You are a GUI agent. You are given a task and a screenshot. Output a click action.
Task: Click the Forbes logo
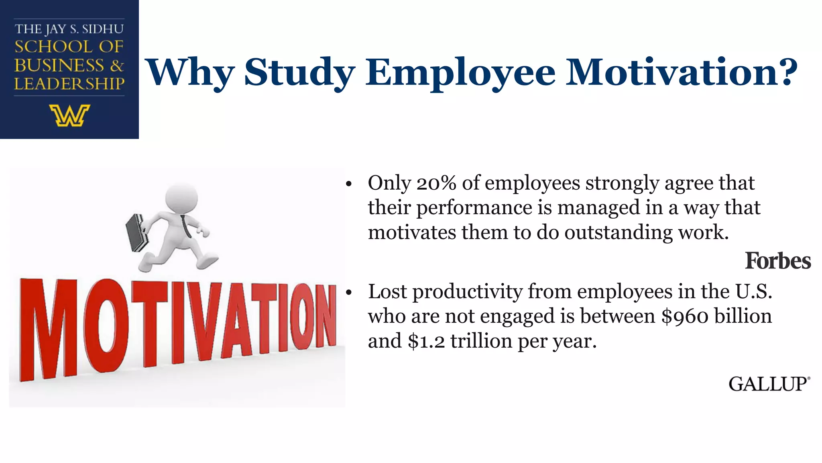click(x=777, y=261)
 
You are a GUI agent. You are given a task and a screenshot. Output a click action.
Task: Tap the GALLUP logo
click(x=769, y=384)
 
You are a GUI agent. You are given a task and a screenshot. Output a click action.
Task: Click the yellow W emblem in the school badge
click(x=69, y=116)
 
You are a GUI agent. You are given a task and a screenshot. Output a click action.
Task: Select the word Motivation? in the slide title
click(x=681, y=72)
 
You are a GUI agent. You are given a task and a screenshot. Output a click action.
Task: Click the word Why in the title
click(x=189, y=72)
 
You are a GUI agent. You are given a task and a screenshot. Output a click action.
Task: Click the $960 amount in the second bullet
click(x=685, y=316)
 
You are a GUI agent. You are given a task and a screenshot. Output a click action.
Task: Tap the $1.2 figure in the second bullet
click(x=426, y=341)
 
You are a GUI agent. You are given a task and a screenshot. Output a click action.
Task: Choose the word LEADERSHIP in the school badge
click(x=69, y=84)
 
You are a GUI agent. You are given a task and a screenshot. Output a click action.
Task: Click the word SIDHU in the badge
click(x=103, y=29)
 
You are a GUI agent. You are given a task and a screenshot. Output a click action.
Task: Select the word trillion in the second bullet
click(x=481, y=341)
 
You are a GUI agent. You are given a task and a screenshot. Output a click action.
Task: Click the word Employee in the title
click(x=460, y=72)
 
